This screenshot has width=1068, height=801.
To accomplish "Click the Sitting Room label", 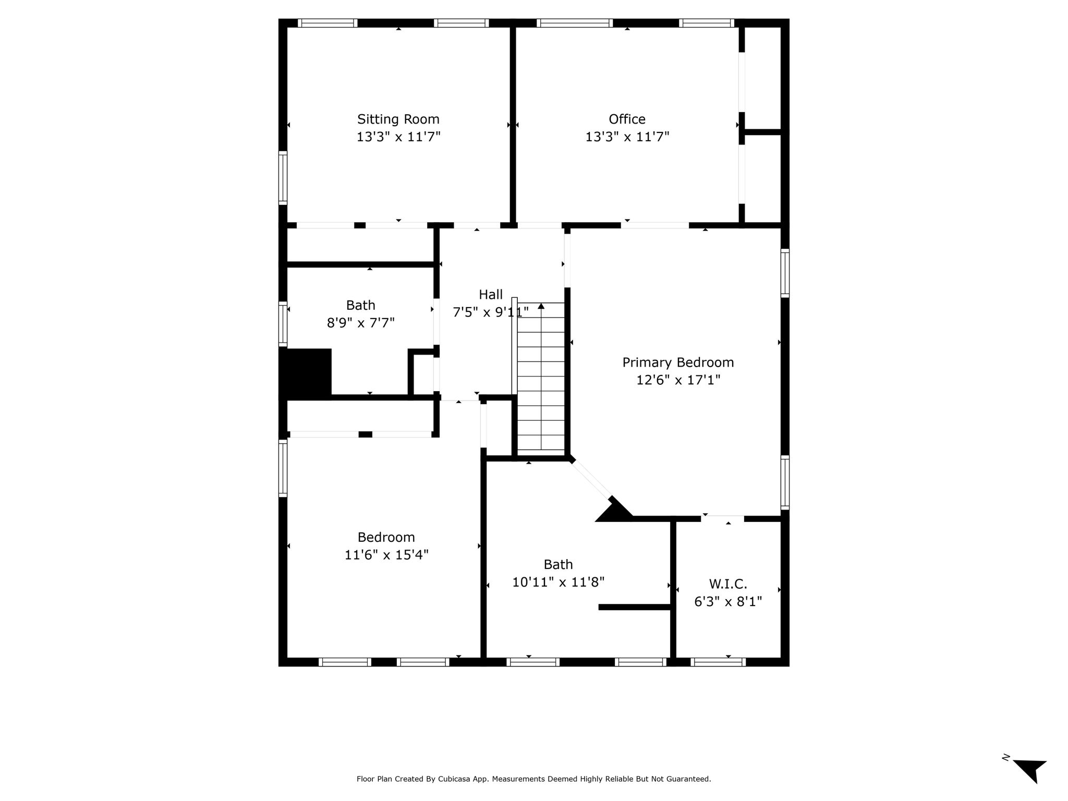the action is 398,119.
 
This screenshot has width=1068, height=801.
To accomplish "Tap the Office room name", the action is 627,119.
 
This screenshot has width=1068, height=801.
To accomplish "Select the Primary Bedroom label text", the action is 678,362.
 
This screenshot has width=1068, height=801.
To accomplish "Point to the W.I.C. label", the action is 728,584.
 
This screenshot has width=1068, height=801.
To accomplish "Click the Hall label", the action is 491,295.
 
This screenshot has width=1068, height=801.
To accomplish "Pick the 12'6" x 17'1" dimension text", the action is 678,380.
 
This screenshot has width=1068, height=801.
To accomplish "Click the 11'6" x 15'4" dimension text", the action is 386,555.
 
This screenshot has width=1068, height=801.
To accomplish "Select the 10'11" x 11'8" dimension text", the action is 558,582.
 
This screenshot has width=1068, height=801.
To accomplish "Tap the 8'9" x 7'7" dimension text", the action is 360,323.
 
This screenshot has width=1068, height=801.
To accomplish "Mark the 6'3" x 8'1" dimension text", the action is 728,602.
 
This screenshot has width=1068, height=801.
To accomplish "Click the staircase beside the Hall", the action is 541,376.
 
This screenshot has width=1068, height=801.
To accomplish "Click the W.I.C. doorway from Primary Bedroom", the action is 722,518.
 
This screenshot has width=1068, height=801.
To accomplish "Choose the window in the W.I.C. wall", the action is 718,662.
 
